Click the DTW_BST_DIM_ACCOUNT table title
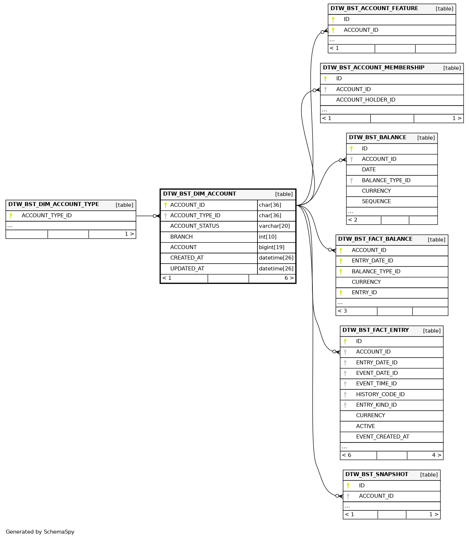[200, 194]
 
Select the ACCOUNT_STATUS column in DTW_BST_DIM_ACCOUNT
[195, 226]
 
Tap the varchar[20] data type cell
[274, 226]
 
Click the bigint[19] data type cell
[272, 247]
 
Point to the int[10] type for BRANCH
[268, 237]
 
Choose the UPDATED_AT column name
[187, 269]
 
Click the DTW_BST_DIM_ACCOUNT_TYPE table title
[54, 204]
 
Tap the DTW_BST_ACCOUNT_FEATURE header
[374, 8]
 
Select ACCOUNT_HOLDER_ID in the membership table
[366, 100]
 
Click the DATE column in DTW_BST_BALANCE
[368, 170]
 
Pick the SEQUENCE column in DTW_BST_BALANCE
[376, 201]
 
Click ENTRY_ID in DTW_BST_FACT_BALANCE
[364, 292]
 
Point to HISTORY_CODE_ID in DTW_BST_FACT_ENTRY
[380, 394]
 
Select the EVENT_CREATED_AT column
[383, 437]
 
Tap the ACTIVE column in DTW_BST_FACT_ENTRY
[365, 426]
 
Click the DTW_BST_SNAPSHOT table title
[376, 474]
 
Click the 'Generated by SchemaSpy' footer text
[40, 532]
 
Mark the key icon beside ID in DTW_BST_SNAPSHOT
[348, 485]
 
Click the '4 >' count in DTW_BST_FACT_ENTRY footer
[436, 455]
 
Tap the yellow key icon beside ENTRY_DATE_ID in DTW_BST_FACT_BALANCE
[341, 261]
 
